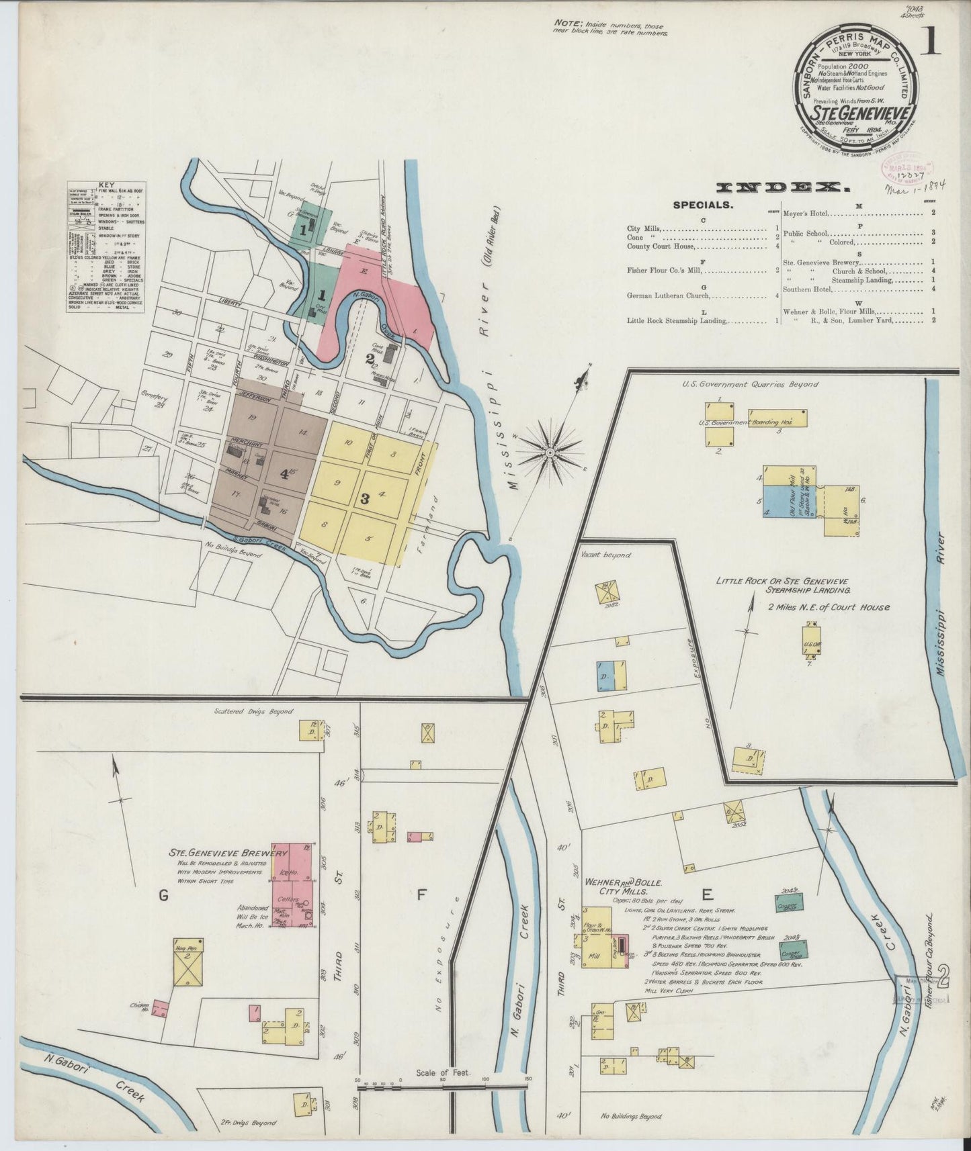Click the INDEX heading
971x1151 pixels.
[779, 187]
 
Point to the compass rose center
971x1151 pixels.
[550, 453]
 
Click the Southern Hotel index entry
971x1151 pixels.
[806, 289]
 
